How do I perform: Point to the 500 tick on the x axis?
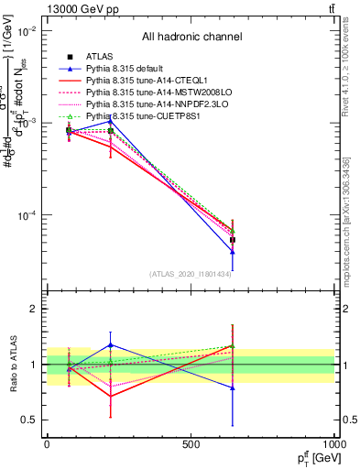click(191, 444)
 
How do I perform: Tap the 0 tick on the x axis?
click(47, 444)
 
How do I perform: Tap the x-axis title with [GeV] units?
click(308, 457)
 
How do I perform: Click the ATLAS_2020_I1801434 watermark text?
click(191, 274)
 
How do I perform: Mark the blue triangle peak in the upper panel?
click(111, 120)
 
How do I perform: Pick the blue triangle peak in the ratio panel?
click(111, 345)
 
